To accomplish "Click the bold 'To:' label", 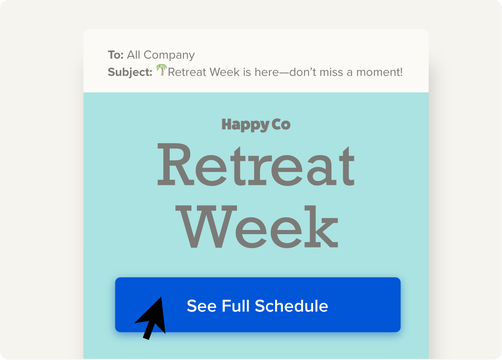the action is (x=116, y=55).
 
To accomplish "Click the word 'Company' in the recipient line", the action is (x=169, y=55).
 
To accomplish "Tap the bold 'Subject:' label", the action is (x=130, y=72).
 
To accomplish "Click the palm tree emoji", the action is (x=161, y=70).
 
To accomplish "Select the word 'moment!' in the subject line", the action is (x=380, y=72).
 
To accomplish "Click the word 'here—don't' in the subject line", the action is (x=285, y=72).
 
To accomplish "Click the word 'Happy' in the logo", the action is (x=245, y=125).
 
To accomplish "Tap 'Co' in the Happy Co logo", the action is (x=281, y=125).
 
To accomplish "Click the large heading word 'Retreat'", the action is (x=256, y=164).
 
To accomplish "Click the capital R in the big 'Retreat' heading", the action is (x=176, y=164).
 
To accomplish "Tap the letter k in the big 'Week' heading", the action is (x=321, y=226).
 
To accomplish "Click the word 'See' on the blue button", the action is (x=202, y=306).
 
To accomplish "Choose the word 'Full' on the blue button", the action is (x=236, y=306).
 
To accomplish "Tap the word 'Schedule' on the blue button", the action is (x=291, y=306).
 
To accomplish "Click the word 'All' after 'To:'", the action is (x=134, y=55).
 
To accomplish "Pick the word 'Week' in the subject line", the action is (x=224, y=72).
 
